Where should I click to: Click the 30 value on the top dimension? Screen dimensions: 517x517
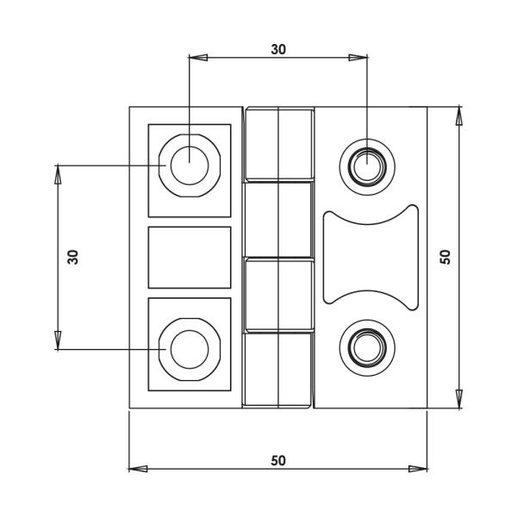277,49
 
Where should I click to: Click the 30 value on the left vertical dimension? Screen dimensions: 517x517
73,256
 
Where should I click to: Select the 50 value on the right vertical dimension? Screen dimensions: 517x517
445,256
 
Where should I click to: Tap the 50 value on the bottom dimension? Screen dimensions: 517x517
277,460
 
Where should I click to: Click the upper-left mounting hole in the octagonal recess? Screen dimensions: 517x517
189,165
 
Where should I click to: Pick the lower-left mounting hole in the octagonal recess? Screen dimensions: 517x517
189,349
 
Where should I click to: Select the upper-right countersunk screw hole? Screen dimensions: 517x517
367,164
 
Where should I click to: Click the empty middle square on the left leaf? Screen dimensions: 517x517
190,257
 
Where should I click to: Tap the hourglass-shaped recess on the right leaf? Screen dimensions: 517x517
370,256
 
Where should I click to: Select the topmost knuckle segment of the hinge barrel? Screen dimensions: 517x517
278,144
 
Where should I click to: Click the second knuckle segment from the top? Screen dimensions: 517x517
278,219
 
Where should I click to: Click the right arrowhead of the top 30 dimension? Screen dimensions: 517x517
358,58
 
